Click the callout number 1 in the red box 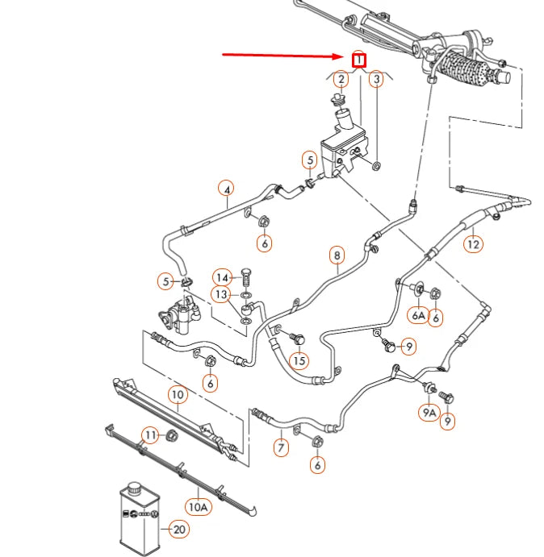pos(359,60)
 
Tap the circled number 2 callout pos(341,79)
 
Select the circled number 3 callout pos(375,79)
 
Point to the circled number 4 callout pos(228,190)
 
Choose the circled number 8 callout pos(337,256)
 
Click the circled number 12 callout pos(473,243)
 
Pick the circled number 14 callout pos(222,276)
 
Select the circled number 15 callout pos(299,360)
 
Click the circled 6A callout pos(418,316)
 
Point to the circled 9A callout pos(428,413)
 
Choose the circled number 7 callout pos(280,447)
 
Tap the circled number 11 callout pos(150,436)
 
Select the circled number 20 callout pos(178,530)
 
